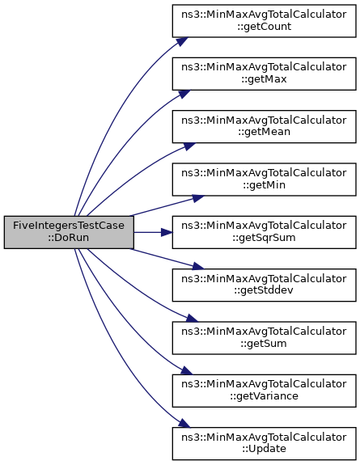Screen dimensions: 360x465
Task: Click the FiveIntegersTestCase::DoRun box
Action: click(x=69, y=232)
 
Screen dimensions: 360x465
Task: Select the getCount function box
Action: click(x=265, y=21)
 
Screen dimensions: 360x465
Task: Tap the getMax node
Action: click(x=265, y=74)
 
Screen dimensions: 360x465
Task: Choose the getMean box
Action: click(x=265, y=127)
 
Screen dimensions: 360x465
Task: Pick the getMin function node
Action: click(x=265, y=180)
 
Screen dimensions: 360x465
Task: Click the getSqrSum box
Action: click(x=265, y=232)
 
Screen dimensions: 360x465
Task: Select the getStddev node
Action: click(x=265, y=285)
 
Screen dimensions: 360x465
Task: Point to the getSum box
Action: click(x=265, y=338)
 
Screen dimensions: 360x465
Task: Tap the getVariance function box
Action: click(x=265, y=391)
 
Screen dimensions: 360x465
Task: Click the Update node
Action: click(x=265, y=444)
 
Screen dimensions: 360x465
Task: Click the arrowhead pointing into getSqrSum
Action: click(x=167, y=232)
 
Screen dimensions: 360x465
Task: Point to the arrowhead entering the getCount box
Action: click(x=183, y=41)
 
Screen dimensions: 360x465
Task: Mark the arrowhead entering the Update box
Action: click(x=184, y=423)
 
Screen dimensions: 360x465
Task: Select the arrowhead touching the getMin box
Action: click(x=198, y=198)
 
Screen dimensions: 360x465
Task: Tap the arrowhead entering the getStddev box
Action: click(x=198, y=266)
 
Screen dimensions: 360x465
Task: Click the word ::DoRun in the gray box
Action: click(x=69, y=238)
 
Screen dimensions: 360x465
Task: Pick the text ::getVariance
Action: click(x=265, y=396)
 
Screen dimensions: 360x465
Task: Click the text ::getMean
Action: click(x=265, y=132)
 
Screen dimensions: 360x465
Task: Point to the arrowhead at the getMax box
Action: click(x=184, y=94)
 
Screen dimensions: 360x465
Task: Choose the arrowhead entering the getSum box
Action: click(x=192, y=318)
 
